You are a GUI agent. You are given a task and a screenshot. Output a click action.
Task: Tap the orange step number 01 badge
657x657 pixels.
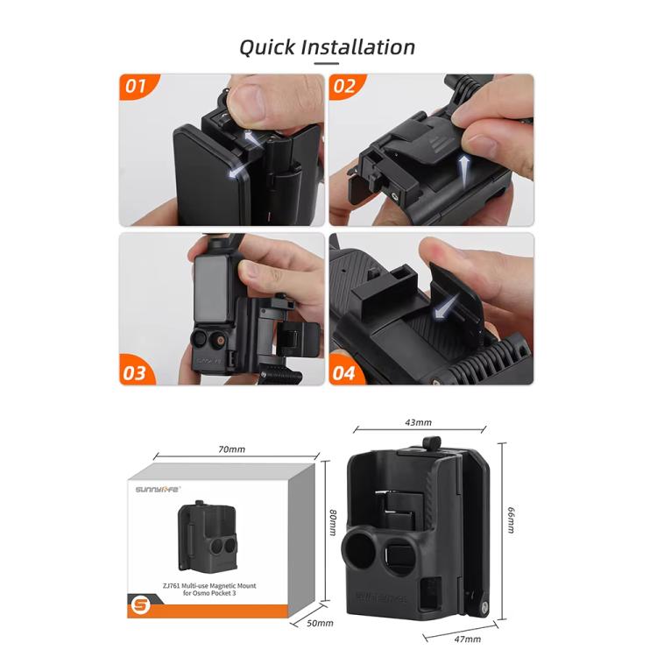[136, 88]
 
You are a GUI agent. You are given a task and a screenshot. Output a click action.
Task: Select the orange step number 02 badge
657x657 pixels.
[345, 88]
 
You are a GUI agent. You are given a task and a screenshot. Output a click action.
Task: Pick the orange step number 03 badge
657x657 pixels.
[135, 371]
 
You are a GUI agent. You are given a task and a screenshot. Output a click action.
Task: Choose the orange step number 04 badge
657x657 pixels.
[345, 371]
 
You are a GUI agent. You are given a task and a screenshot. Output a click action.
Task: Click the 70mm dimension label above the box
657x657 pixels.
[232, 449]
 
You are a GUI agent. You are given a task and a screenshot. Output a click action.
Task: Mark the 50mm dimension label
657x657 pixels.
[321, 623]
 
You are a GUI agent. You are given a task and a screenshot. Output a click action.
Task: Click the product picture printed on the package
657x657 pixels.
[208, 535]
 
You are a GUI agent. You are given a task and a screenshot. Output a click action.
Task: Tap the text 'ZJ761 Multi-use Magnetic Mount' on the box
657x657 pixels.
[223, 583]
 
